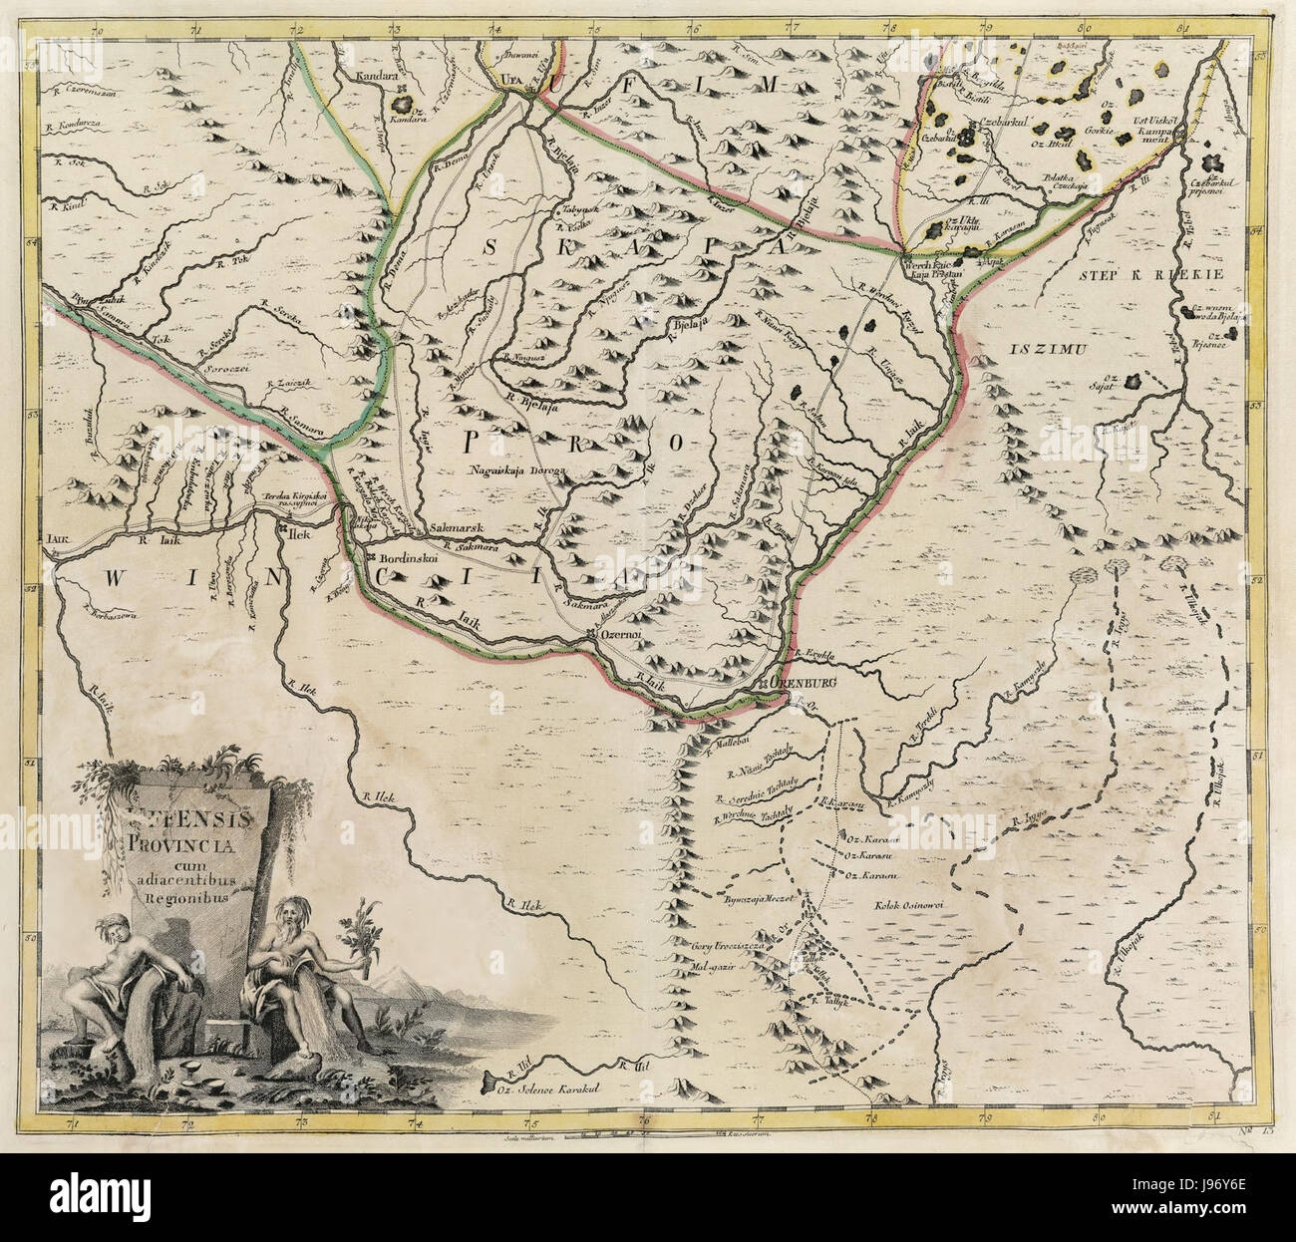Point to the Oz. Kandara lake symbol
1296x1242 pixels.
pos(405,103)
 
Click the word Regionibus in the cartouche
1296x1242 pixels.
pos(179,894)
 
